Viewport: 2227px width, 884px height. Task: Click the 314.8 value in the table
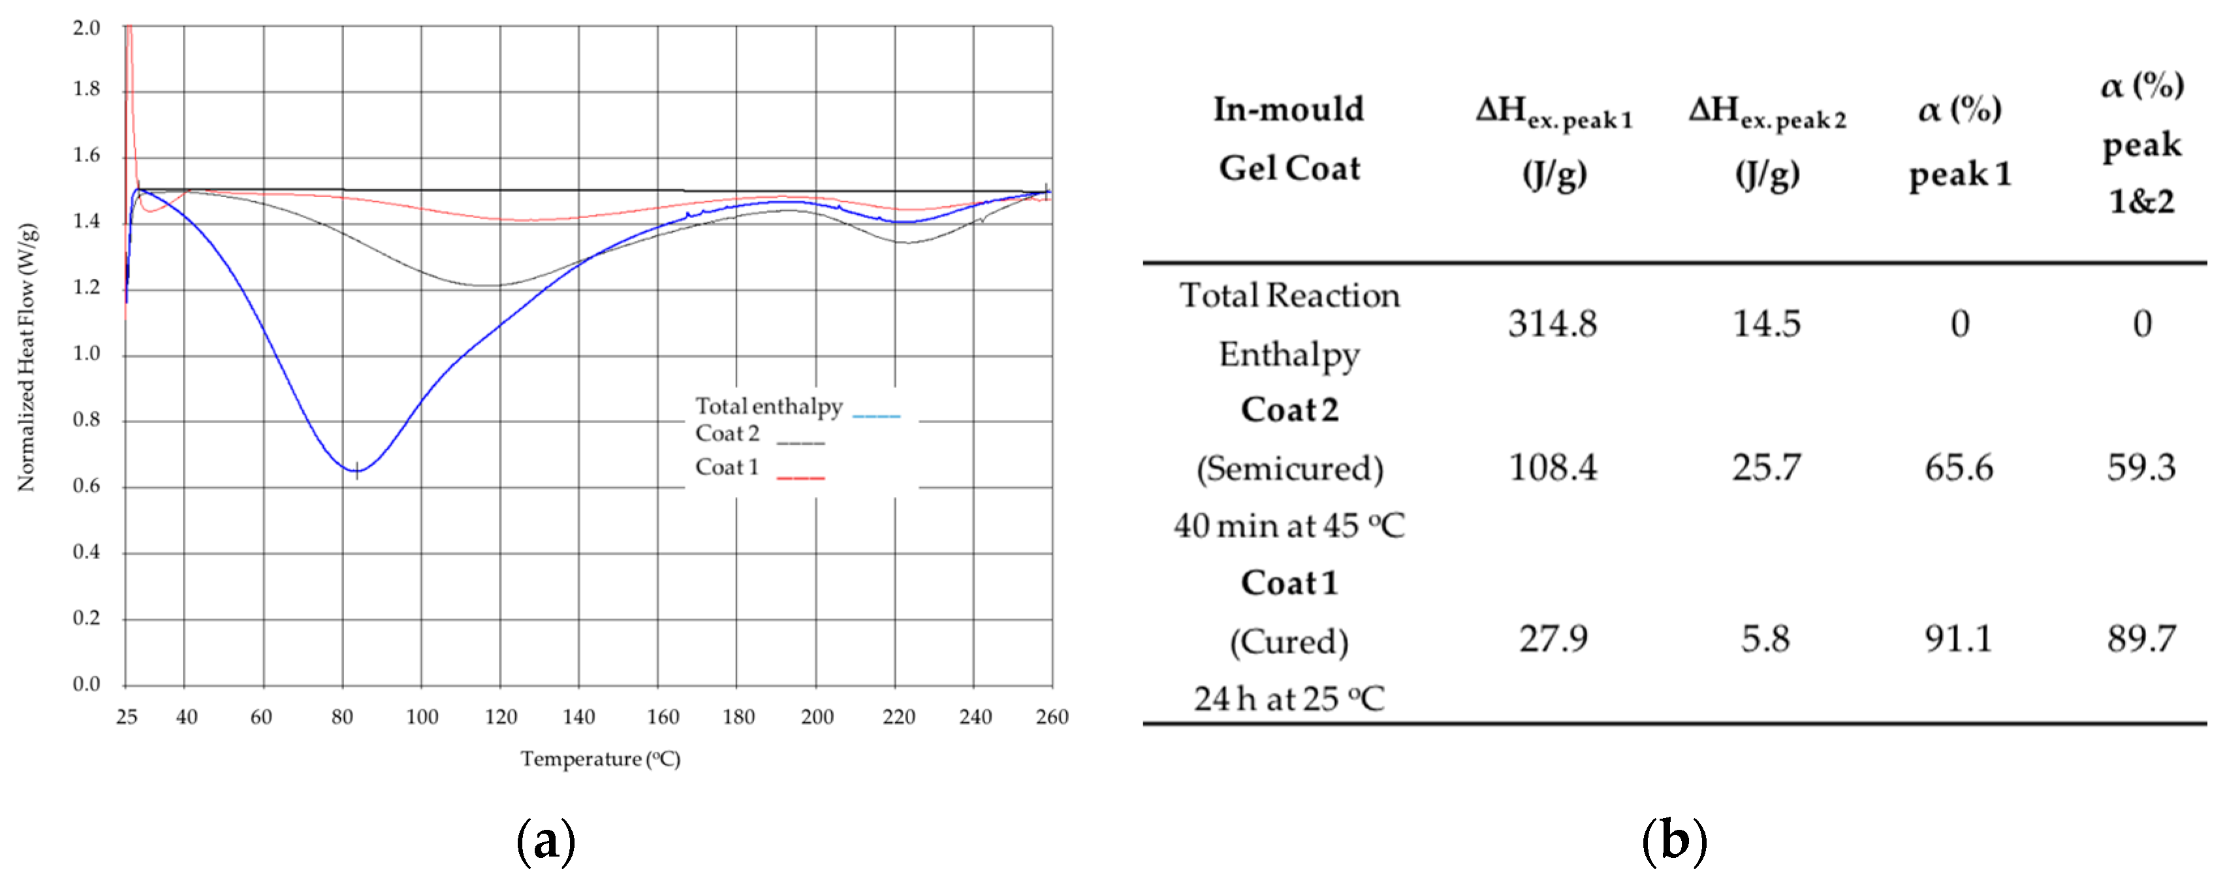(x=1553, y=324)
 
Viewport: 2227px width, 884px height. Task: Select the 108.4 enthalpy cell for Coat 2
(x=1553, y=467)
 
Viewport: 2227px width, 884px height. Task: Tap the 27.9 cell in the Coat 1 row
(x=1553, y=639)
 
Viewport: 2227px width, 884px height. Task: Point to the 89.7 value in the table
(x=2141, y=639)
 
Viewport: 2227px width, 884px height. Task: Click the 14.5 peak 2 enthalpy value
(x=1766, y=324)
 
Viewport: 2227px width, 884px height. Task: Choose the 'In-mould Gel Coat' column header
(x=1289, y=138)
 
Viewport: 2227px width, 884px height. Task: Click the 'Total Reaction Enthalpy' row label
(x=1289, y=324)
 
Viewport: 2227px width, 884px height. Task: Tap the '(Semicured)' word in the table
(x=1289, y=468)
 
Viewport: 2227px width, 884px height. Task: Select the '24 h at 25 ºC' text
(x=1289, y=698)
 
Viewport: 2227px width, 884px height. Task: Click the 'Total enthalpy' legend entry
(x=768, y=406)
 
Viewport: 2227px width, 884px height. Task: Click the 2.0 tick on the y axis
(x=86, y=27)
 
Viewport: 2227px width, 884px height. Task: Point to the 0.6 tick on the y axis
(x=86, y=486)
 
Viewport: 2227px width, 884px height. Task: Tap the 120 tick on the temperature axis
(x=501, y=716)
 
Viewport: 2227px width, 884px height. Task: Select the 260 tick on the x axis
(x=1052, y=716)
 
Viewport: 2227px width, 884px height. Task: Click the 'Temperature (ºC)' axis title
(x=600, y=759)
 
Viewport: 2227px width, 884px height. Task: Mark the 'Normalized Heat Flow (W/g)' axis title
(x=27, y=357)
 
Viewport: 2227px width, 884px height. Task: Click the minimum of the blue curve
(x=356, y=470)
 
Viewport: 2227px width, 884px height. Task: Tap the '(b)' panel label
(x=1674, y=840)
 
